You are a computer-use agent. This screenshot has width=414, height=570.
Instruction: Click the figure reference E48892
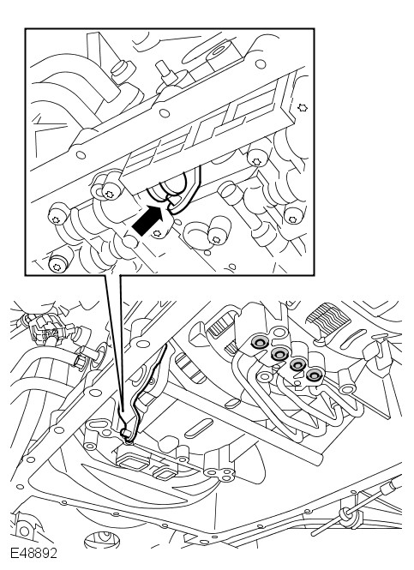coord(33,553)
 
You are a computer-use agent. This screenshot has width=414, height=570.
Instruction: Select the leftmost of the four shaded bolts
coord(261,342)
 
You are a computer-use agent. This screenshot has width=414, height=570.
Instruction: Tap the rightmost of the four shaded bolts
coord(313,375)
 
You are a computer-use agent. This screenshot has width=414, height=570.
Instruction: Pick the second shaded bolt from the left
coord(280,352)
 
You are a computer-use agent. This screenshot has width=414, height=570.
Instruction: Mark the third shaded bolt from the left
coord(298,364)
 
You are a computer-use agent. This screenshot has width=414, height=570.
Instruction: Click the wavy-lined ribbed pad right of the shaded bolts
coord(328,315)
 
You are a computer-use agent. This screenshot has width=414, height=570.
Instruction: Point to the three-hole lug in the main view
coord(219,472)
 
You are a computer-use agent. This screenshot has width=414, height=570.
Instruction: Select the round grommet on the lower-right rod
coord(345,514)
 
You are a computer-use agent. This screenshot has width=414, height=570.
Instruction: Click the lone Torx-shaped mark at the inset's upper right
coord(303,108)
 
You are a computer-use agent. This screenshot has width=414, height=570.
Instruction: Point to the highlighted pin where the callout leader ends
coord(127,434)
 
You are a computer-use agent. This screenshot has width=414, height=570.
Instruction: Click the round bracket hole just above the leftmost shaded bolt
coord(279,332)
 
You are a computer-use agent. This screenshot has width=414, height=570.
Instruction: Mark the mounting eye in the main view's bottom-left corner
coord(24,531)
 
